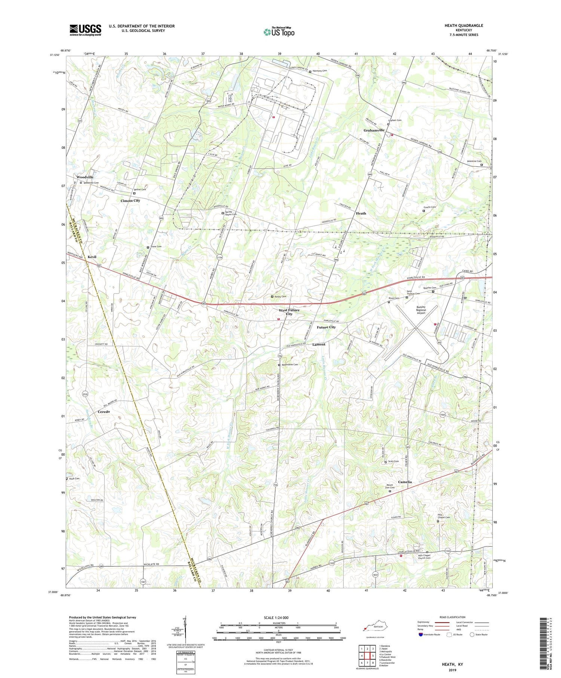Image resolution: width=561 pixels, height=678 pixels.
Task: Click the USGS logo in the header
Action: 85,30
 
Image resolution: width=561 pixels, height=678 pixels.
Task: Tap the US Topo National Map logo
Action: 279,32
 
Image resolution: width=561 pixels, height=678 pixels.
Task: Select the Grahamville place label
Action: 374,130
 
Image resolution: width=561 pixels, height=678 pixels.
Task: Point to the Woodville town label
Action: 85,177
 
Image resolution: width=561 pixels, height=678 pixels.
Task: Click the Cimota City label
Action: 130,200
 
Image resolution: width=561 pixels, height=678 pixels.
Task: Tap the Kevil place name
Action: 92,257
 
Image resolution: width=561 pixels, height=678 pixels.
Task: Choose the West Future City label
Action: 289,312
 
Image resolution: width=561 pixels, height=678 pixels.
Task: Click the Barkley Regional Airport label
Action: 421,310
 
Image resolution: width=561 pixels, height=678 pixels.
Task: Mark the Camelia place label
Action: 405,482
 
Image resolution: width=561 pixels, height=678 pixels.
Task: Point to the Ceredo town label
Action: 104,411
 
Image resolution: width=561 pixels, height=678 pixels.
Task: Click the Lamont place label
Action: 319,344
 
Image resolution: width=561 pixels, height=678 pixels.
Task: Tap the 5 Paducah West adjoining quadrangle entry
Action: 387,657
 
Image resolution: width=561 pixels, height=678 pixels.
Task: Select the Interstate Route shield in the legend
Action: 421,634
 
